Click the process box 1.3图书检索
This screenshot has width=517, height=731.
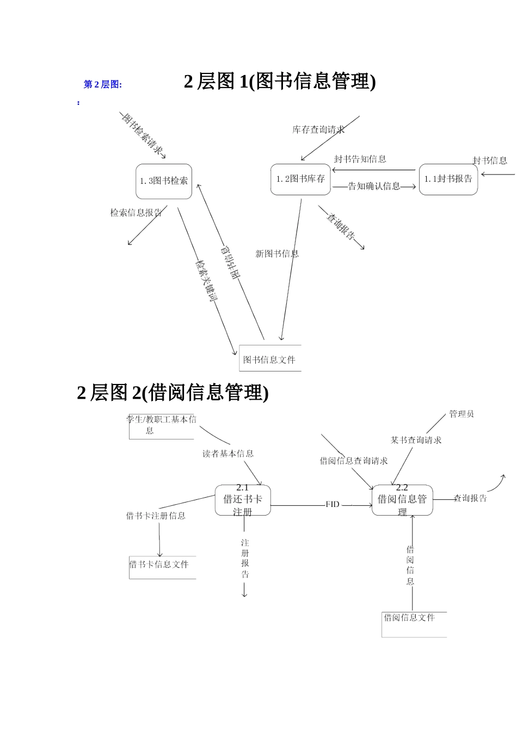[164, 181]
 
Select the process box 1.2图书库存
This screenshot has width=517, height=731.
[300, 179]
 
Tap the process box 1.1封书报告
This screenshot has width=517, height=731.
[448, 179]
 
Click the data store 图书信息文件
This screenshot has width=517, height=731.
[270, 359]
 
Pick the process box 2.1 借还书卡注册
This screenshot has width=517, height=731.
[243, 500]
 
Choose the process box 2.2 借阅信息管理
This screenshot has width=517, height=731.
[402, 500]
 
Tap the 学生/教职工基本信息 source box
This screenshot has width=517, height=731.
[161, 425]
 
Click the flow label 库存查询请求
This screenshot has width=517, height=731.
[318, 129]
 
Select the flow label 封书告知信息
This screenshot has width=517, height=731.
[360, 159]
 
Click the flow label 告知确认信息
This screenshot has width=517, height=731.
[374, 186]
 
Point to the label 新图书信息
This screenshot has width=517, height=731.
[277, 253]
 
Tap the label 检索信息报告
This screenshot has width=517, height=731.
[136, 213]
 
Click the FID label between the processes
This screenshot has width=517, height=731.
[333, 504]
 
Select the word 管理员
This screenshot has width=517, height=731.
[461, 414]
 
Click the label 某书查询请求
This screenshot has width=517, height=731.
[416, 440]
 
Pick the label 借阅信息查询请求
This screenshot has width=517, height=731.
[354, 461]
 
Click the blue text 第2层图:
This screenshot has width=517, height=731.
[103, 84]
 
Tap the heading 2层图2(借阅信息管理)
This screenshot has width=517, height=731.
[173, 392]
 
